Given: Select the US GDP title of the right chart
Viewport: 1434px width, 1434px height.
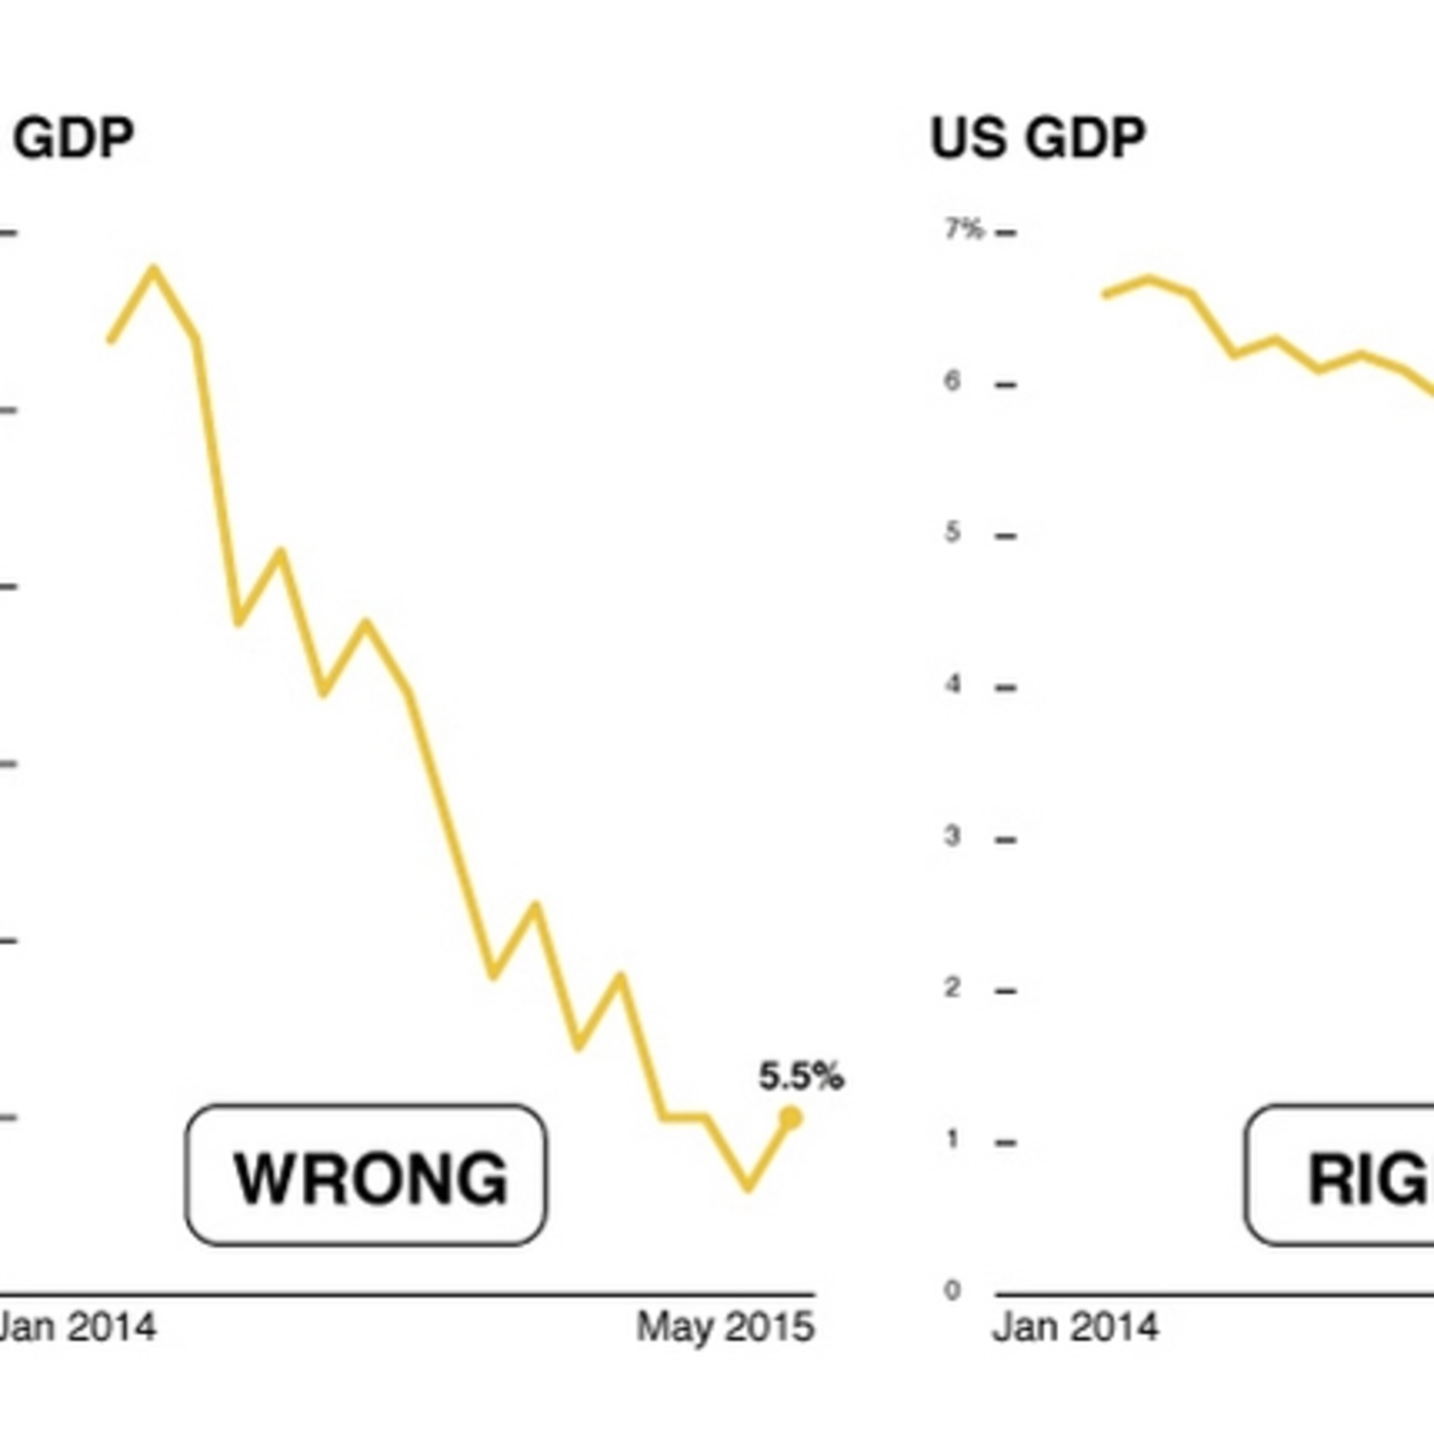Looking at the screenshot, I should pyautogui.click(x=1038, y=138).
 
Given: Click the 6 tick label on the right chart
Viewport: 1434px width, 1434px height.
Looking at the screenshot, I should pyautogui.click(x=952, y=381).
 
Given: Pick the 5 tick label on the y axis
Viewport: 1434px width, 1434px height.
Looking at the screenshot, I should pyautogui.click(x=952, y=532).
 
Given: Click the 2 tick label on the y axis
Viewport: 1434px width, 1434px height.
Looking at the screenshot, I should pyautogui.click(x=952, y=988).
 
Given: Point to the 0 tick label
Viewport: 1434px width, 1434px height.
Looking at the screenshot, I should pyautogui.click(x=952, y=1291).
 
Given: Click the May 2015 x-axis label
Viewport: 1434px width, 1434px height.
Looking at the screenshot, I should pyautogui.click(x=725, y=1326).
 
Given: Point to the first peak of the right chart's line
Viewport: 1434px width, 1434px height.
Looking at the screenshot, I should pyautogui.click(x=1149, y=280).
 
